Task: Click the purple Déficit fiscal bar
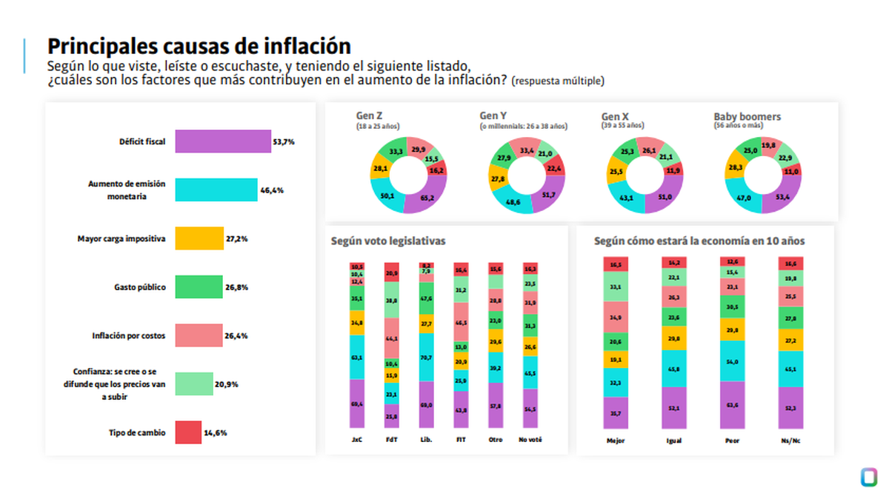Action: [x=223, y=141]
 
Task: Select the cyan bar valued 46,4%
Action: [x=216, y=190]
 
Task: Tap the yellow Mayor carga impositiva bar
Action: [x=199, y=238]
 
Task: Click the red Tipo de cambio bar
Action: [x=188, y=432]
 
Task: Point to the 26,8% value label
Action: [x=236, y=287]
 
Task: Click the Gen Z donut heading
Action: [x=370, y=117]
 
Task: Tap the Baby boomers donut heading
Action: [x=747, y=117]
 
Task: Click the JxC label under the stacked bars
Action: [x=356, y=439]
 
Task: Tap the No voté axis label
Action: [x=530, y=439]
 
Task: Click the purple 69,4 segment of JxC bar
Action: [x=356, y=404]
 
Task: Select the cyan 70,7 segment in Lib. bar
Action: [x=426, y=357]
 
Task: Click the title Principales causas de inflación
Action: [x=199, y=46]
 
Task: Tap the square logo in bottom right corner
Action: [x=868, y=476]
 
